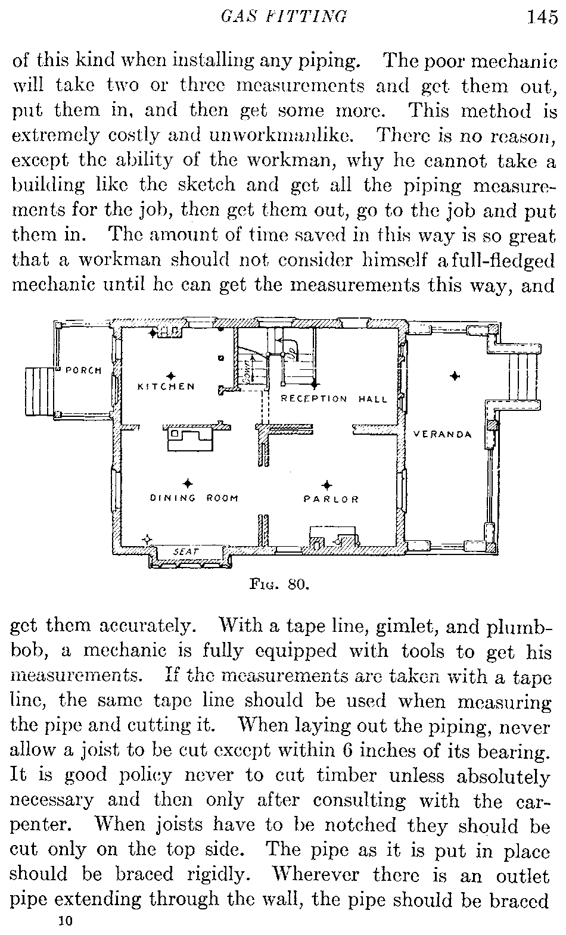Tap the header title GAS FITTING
pyautogui.click(x=283, y=17)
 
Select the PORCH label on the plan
pyautogui.click(x=83, y=370)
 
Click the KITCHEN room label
pyautogui.click(x=166, y=387)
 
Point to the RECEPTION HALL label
pyautogui.click(x=334, y=399)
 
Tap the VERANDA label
pyautogui.click(x=443, y=434)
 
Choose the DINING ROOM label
pyautogui.click(x=194, y=498)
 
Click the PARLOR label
pyautogui.click(x=332, y=499)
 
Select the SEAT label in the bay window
pyautogui.click(x=185, y=551)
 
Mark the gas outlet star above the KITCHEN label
pyautogui.click(x=171, y=376)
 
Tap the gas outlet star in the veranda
pyautogui.click(x=455, y=376)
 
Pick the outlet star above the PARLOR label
pyautogui.click(x=326, y=485)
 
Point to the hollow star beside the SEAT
pyautogui.click(x=147, y=540)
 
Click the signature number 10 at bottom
pyautogui.click(x=64, y=921)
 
